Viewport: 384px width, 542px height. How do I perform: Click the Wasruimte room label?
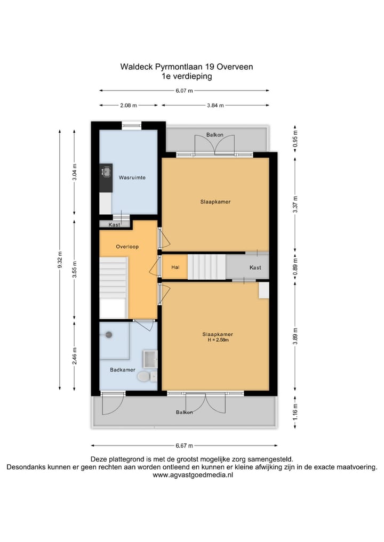pyautogui.click(x=132, y=177)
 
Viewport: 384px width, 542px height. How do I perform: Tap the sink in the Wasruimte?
pyautogui.click(x=106, y=172)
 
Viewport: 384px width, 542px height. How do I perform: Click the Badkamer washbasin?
pyautogui.click(x=150, y=359)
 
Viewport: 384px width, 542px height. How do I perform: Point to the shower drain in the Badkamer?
pyautogui.click(x=109, y=335)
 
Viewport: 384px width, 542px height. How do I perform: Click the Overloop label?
pyautogui.click(x=127, y=247)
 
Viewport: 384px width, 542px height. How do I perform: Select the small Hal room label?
pyautogui.click(x=174, y=267)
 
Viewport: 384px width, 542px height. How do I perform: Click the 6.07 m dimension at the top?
pyautogui.click(x=185, y=91)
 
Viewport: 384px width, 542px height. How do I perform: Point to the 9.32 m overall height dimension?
pyautogui.click(x=60, y=261)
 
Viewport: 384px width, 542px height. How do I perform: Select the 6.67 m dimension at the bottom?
pyautogui.click(x=183, y=446)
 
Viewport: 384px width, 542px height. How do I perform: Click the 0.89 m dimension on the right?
pyautogui.click(x=295, y=266)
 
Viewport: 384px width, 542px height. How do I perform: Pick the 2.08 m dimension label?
pyautogui.click(x=129, y=106)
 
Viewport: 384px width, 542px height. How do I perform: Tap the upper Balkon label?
pyautogui.click(x=215, y=135)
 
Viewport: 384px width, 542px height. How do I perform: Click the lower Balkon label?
pyautogui.click(x=185, y=412)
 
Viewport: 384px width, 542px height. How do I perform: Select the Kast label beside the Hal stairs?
pyautogui.click(x=255, y=267)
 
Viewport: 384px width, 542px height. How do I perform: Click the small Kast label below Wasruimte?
pyautogui.click(x=114, y=225)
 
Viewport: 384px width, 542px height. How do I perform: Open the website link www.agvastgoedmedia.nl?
pyautogui.click(x=193, y=475)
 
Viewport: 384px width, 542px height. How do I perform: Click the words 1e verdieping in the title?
pyautogui.click(x=187, y=76)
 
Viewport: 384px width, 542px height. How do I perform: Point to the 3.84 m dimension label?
pyautogui.click(x=215, y=106)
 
